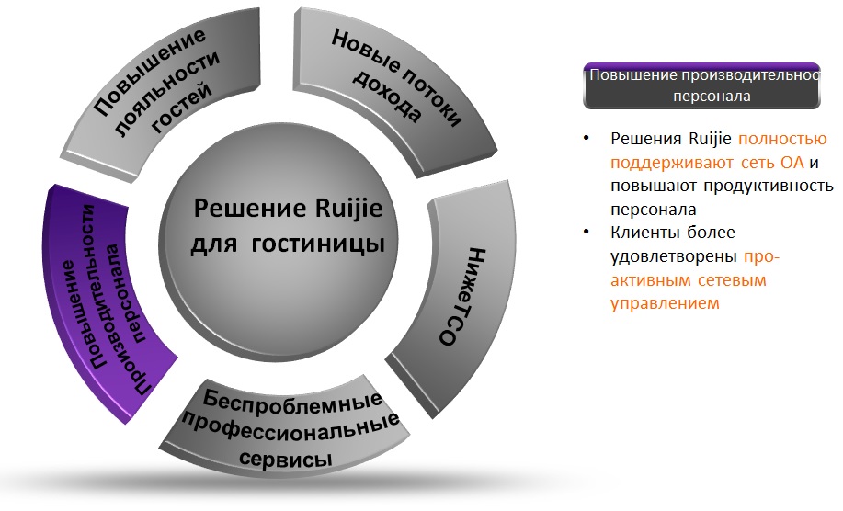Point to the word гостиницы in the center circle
coord(318,244)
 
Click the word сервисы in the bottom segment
coord(286,459)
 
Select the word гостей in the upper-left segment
coord(181,108)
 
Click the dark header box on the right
coord(701,86)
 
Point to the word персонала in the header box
coord(712,97)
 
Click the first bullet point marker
coord(587,138)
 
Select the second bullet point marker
coord(587,233)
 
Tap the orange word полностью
coord(782,139)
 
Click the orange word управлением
coord(665,303)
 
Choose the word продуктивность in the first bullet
coord(769,186)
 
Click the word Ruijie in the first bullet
coord(710,139)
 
